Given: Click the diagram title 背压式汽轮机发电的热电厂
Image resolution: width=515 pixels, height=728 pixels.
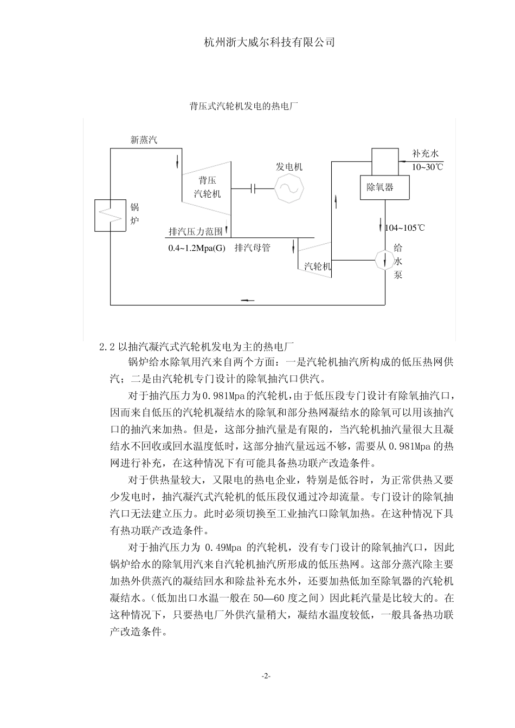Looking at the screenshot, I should point(244,106).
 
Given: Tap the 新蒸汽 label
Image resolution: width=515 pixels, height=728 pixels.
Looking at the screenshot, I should point(144,140).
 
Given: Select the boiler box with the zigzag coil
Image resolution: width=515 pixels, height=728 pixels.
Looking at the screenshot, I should point(111,215).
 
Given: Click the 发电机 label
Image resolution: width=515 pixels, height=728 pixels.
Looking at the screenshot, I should point(289,166).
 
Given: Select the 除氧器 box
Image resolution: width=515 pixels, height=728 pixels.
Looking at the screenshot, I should point(385,187).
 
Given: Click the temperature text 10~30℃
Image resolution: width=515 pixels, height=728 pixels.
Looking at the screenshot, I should point(427,167).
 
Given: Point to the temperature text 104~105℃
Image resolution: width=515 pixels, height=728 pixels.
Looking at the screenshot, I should point(405,227).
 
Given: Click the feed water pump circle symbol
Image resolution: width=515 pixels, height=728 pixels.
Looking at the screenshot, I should point(385,261).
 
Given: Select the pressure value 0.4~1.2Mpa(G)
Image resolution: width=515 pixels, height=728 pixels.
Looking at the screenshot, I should point(196,249).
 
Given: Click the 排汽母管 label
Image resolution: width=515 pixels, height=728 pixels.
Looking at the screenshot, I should point(252,249).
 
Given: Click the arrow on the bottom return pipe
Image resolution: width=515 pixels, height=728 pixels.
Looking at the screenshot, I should point(247,301).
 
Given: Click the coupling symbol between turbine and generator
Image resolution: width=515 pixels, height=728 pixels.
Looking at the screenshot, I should point(253,188).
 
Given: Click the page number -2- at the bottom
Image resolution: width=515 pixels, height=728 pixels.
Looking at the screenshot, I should point(266,676).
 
